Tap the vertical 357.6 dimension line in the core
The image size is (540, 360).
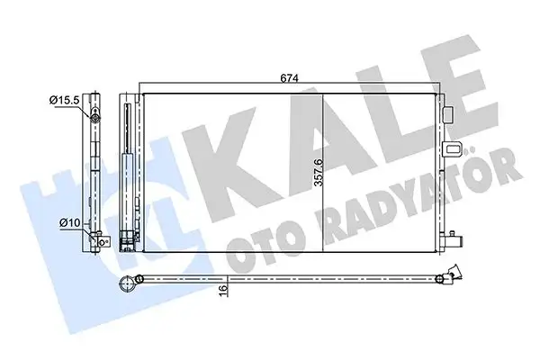coord(322,171)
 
